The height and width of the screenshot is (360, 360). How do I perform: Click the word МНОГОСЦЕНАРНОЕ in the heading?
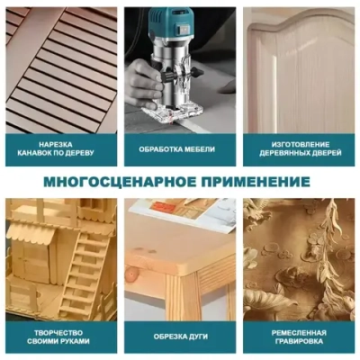tap(119, 183)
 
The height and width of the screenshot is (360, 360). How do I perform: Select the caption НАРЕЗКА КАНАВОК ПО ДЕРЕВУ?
tap(62, 148)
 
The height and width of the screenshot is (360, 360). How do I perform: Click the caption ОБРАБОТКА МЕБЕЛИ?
tap(180, 148)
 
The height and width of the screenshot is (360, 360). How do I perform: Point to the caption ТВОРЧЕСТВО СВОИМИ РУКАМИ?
tap(62, 337)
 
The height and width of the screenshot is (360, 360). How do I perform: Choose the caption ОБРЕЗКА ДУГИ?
tap(180, 337)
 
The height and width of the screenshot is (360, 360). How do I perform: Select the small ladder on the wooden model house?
tap(86, 270)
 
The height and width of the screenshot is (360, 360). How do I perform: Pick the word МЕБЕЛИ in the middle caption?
tap(202, 148)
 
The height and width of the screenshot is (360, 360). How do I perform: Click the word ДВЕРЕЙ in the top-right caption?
tap(327, 154)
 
